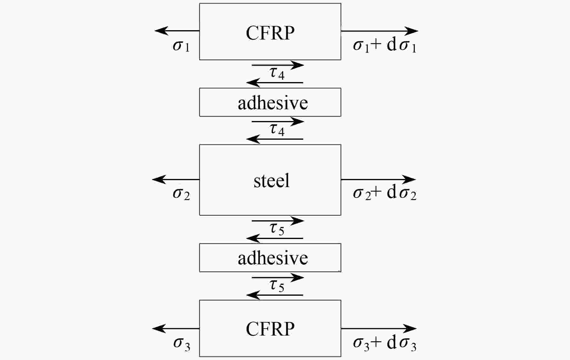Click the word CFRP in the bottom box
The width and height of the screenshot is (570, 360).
(270, 329)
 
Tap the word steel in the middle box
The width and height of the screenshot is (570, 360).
(271, 181)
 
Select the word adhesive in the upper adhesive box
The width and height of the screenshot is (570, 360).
(273, 103)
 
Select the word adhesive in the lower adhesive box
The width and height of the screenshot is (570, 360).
(273, 258)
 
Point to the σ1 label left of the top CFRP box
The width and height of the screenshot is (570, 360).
(181, 46)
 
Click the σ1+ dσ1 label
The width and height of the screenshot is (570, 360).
(385, 46)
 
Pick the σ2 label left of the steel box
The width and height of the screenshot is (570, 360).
(181, 193)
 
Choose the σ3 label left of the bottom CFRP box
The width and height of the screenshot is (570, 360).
(182, 343)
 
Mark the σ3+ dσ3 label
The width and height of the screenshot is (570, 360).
(385, 343)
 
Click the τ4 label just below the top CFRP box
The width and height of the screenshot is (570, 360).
(277, 73)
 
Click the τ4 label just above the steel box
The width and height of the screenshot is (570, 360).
(277, 130)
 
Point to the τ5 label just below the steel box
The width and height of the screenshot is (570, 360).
(277, 229)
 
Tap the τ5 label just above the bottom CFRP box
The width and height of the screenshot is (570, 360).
(277, 285)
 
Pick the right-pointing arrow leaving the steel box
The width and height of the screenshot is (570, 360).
(378, 180)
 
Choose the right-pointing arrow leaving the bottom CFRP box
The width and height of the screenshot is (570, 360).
(379, 328)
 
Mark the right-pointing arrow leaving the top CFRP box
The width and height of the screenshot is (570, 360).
(379, 31)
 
